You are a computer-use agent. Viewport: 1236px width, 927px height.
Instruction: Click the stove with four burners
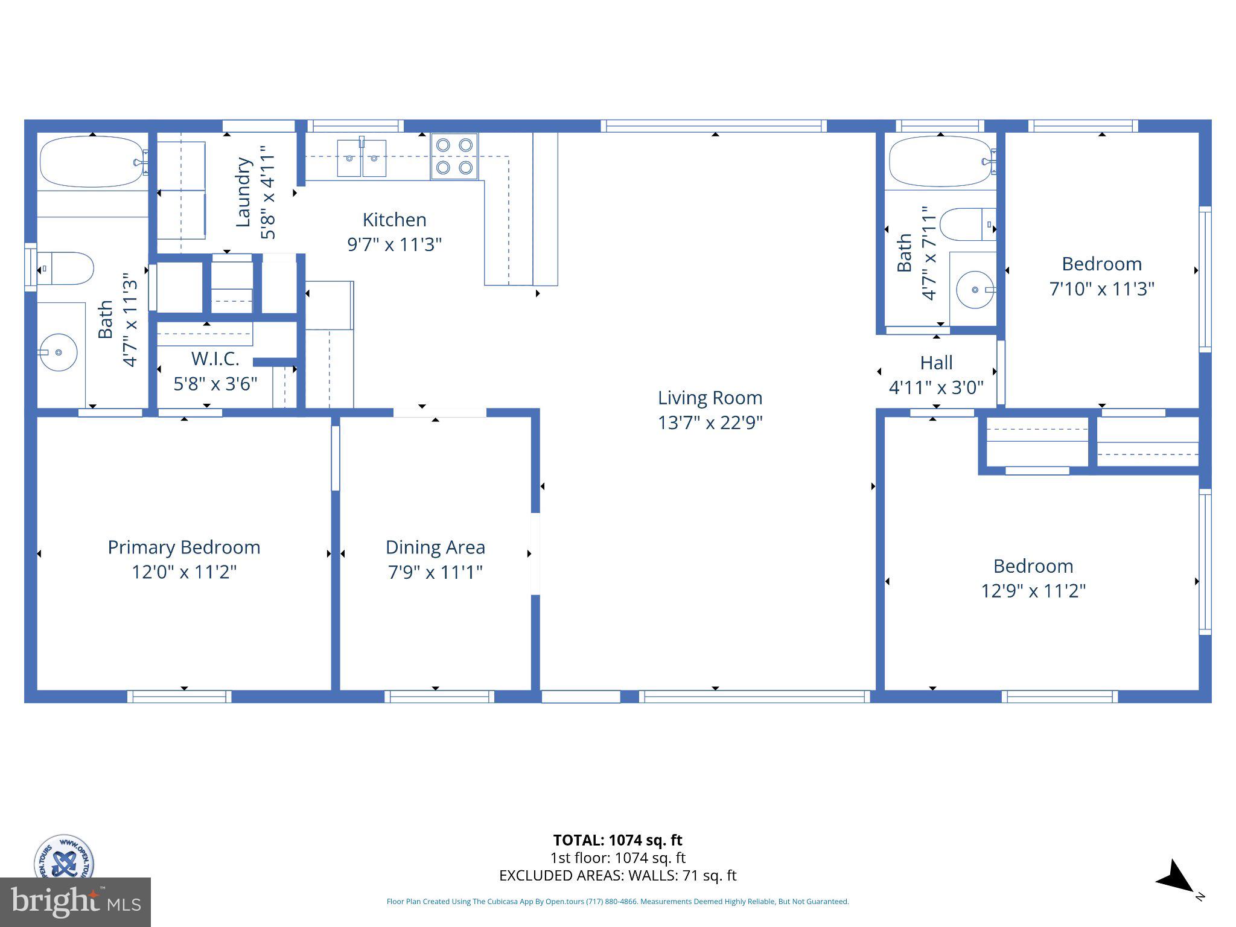[x=454, y=156]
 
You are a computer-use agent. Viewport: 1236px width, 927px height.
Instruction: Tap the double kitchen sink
[x=362, y=158]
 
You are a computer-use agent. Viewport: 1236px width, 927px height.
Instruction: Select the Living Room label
[x=710, y=398]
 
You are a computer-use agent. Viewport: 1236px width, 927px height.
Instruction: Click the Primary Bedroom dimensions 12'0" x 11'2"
[x=184, y=572]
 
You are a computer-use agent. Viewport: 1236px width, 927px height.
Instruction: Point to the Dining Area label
[x=435, y=547]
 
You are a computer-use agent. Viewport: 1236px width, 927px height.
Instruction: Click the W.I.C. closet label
[x=215, y=359]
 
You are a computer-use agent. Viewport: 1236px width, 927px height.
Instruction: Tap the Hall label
[x=936, y=363]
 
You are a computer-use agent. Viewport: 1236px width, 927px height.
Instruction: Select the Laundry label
[x=243, y=192]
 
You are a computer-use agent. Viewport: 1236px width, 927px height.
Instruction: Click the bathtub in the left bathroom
[x=92, y=162]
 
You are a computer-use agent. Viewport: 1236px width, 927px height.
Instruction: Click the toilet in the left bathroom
[x=66, y=269]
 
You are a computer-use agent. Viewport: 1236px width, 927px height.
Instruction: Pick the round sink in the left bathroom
[x=58, y=351]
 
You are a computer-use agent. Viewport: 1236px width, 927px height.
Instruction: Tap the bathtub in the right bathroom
[x=940, y=161]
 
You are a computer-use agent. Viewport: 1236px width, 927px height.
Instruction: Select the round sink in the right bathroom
[x=975, y=290]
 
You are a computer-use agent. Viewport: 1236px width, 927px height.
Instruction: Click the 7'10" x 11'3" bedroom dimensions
[x=1101, y=289]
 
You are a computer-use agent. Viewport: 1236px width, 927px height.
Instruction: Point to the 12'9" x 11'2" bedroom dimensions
[x=1033, y=591]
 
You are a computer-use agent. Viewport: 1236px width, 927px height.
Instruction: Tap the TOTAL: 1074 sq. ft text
[x=617, y=840]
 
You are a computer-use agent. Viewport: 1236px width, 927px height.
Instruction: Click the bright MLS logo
[x=75, y=902]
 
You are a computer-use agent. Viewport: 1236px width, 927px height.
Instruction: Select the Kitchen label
[x=394, y=220]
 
